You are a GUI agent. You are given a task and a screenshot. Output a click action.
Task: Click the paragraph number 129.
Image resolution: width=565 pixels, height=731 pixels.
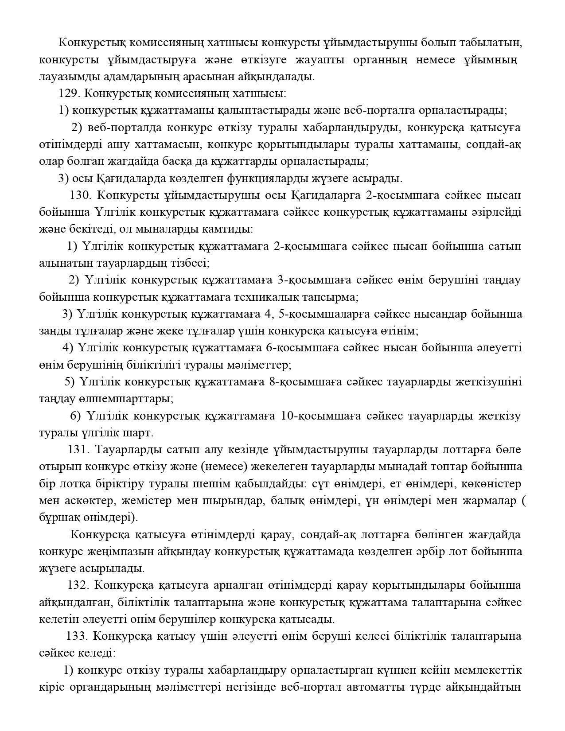pyautogui.click(x=68, y=93)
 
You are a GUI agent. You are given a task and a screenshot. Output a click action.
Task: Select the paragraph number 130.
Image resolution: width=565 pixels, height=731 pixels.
pyautogui.click(x=80, y=195)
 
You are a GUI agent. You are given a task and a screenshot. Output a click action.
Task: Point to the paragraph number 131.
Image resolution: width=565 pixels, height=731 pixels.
pyautogui.click(x=79, y=449)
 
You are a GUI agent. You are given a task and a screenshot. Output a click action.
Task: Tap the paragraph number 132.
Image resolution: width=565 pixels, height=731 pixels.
pyautogui.click(x=78, y=585)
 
